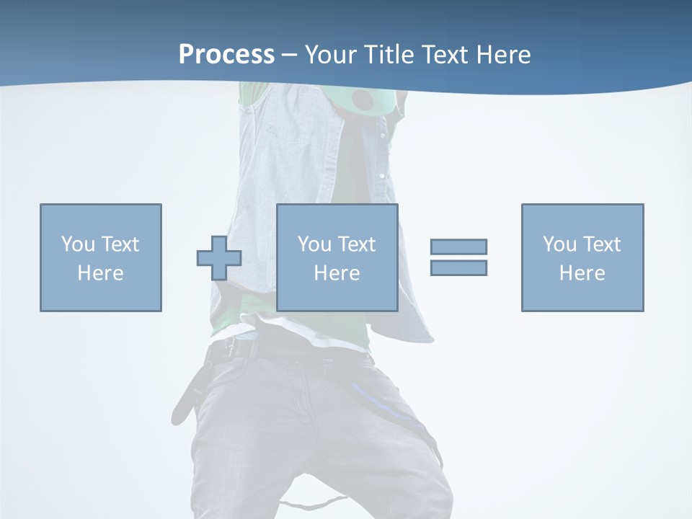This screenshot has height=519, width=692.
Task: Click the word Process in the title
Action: click(226, 55)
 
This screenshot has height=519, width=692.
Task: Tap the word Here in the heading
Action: click(502, 55)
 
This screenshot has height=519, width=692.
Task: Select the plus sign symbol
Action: click(219, 258)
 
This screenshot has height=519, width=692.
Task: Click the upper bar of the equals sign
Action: click(458, 247)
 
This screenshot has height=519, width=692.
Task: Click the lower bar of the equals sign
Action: click(458, 267)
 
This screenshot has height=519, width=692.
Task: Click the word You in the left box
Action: click(78, 244)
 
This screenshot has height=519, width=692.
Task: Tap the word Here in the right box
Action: click(582, 273)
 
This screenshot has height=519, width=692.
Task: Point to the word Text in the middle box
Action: click(357, 244)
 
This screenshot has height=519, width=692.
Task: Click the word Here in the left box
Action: click(100, 273)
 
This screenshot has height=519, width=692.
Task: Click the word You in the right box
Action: click(559, 244)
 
